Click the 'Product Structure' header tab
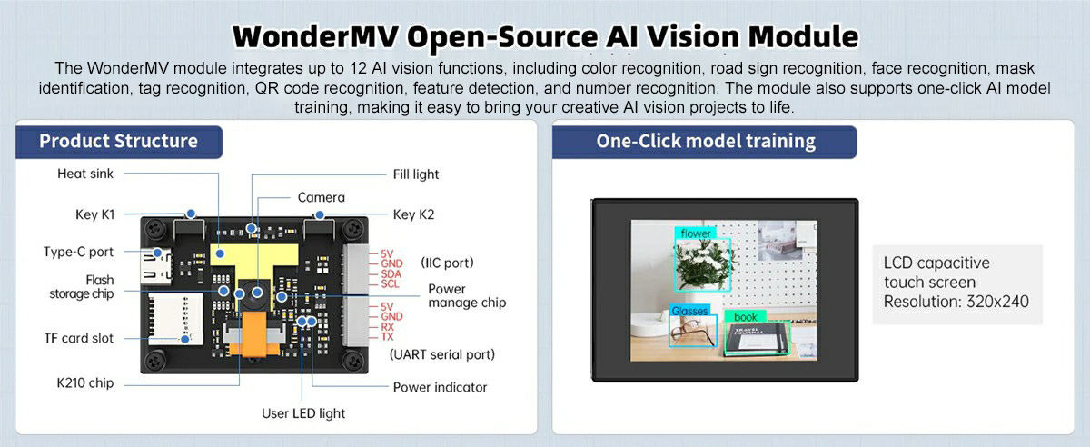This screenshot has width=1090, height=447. (118, 141)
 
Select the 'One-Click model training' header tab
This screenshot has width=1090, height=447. (706, 141)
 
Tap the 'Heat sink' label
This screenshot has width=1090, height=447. (85, 174)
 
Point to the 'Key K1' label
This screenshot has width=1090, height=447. (94, 215)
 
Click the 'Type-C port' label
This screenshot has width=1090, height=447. (79, 252)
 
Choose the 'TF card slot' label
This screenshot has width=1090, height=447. (79, 338)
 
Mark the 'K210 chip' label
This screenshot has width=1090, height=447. (84, 382)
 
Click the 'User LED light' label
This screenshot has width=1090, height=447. (303, 413)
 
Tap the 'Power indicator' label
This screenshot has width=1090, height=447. (440, 387)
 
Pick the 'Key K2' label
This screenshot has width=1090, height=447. (413, 215)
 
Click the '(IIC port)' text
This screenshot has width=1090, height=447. (447, 263)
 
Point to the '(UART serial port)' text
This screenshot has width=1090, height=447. (442, 354)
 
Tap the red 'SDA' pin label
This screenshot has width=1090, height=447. (391, 273)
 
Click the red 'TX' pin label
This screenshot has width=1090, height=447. (387, 336)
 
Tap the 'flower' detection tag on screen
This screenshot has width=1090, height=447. (696, 233)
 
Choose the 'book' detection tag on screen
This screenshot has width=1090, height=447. (745, 317)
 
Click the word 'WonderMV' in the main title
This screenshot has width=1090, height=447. (313, 36)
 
